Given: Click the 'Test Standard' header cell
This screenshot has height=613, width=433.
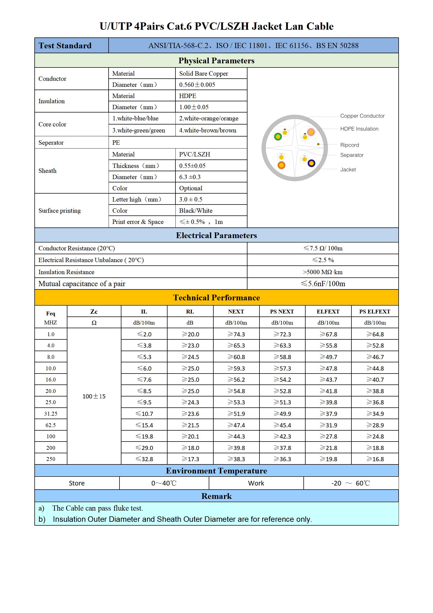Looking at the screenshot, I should tap(65, 46).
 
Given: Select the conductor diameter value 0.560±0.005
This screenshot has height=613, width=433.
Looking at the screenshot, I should tap(197, 85).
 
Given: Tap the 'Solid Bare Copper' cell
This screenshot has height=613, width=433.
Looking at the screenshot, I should tap(204, 73).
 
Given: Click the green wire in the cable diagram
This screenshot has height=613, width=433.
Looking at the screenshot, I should tap(278, 137).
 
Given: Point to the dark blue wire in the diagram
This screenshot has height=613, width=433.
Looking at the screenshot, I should tap(311, 163).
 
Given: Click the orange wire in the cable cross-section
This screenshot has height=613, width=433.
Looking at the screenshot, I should tap(281, 165).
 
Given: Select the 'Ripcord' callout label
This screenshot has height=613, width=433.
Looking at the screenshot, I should tap(350, 145).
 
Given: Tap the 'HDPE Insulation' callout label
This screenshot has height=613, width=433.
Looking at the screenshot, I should tap(359, 129).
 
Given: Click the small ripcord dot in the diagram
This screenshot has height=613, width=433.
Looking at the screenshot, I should tap(318, 144).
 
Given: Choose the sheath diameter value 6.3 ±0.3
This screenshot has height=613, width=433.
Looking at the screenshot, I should tap(190, 177).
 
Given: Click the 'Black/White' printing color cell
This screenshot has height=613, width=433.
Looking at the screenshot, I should tap(196, 211).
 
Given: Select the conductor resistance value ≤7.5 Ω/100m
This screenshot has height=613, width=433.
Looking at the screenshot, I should tap(323, 248).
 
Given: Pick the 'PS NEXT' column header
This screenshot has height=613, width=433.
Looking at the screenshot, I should tap(282, 312).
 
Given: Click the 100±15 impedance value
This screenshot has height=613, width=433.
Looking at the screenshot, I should tap(94, 396).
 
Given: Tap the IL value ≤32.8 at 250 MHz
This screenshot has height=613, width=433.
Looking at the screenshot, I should tap(144, 459).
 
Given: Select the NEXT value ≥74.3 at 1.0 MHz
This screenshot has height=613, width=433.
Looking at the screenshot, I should tap(236, 334).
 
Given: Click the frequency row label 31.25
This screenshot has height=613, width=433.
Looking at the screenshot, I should tap(51, 414).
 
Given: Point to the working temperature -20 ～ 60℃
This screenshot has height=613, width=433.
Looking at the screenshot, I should tap(351, 483).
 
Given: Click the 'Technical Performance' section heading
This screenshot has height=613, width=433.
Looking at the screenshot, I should tap(216, 298).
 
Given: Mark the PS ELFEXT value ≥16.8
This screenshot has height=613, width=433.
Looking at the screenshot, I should tap(375, 459).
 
